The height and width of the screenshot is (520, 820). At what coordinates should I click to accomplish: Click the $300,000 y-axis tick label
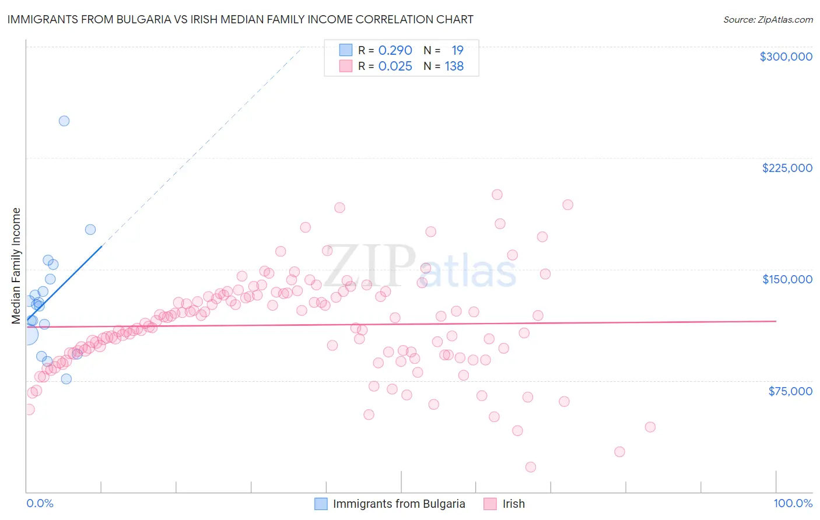[x=786, y=57]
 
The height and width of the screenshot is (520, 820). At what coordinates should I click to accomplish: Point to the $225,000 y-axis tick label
[x=787, y=168]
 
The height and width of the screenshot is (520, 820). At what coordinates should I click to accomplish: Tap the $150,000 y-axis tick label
[x=787, y=279]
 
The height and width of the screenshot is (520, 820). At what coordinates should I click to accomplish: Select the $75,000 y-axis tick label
[x=790, y=391]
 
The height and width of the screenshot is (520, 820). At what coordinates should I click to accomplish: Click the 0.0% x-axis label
[x=40, y=503]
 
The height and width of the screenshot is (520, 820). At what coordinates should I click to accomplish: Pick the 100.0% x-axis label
[x=793, y=503]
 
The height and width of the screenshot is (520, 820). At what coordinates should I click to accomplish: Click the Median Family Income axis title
[x=16, y=266]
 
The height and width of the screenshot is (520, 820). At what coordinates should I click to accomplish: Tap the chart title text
[x=240, y=19]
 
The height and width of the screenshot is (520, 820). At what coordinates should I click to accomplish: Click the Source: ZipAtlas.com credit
[x=768, y=20]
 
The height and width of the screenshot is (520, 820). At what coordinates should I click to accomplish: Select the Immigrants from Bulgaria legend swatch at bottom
[x=321, y=504]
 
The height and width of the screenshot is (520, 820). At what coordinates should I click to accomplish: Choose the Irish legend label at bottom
[x=513, y=504]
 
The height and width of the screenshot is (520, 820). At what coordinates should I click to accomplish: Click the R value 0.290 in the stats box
[x=395, y=51]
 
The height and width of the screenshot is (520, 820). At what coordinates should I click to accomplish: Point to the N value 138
[x=454, y=66]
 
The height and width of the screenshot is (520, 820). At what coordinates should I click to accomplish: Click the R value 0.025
[x=395, y=66]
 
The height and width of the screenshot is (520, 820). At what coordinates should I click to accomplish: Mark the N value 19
[x=457, y=51]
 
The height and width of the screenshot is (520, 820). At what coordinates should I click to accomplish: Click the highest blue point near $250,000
[x=64, y=121]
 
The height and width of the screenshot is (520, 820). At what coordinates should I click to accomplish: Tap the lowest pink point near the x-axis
[x=531, y=467]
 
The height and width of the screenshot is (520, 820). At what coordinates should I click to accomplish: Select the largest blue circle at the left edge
[x=27, y=335]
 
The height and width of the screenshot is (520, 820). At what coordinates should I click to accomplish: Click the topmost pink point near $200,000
[x=497, y=195]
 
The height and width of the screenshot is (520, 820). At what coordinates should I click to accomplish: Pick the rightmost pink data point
[x=650, y=427]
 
